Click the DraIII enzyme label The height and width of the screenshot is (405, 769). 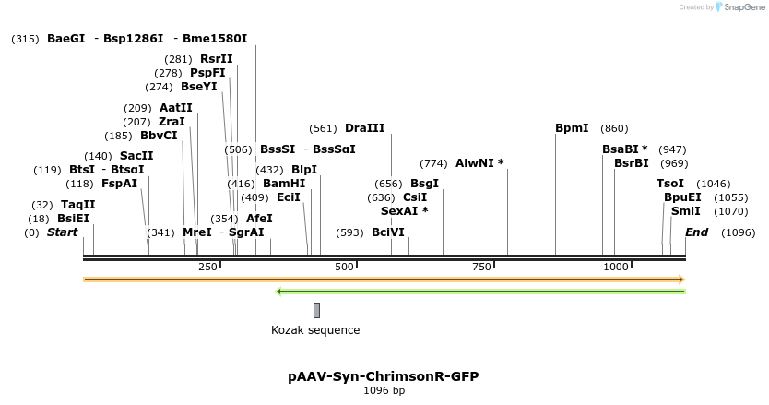365,128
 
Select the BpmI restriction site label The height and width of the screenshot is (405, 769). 572,128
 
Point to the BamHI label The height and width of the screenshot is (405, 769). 284,184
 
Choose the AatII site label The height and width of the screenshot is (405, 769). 176,108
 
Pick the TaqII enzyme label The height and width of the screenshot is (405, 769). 78,205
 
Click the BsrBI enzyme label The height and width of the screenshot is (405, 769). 632,163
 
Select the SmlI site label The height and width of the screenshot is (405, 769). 685,211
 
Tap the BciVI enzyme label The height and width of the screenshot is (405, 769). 388,232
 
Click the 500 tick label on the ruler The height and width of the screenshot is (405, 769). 345,267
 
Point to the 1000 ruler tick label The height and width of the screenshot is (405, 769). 616,267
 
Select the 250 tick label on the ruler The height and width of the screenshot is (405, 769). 207,267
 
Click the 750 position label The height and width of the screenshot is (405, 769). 481,267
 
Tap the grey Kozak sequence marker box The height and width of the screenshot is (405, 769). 316,310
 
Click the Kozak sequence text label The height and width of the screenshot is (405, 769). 315,330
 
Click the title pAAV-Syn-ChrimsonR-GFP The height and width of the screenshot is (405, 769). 384,376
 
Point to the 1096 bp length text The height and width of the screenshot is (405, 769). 384,391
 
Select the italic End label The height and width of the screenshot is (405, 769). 696,232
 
